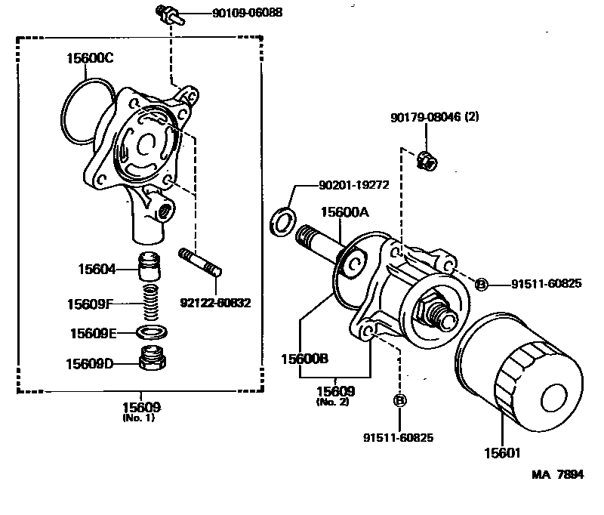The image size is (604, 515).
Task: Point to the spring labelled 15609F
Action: pyautogui.click(x=153, y=304)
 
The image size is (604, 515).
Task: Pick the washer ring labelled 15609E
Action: pyautogui.click(x=153, y=332)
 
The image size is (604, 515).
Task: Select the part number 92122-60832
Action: pyautogui.click(x=215, y=303)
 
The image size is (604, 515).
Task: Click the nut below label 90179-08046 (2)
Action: pyautogui.click(x=426, y=159)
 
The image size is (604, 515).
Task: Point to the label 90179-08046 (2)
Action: pyautogui.click(x=435, y=117)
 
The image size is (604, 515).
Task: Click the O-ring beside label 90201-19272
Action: pyautogui.click(x=283, y=222)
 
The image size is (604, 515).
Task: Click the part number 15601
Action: pyautogui.click(x=501, y=453)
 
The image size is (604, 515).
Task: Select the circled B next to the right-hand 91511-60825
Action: pyautogui.click(x=481, y=284)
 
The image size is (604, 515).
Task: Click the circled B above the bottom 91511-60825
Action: pyautogui.click(x=400, y=400)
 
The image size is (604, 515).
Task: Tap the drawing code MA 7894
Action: pyautogui.click(x=557, y=474)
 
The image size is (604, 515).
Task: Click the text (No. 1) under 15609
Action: pyautogui.click(x=138, y=418)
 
